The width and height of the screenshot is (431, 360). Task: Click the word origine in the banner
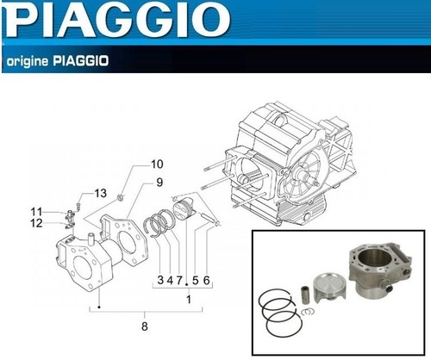[x=27, y=61]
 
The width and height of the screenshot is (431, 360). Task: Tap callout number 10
[x=157, y=164]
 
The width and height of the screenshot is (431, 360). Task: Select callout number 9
[x=159, y=183]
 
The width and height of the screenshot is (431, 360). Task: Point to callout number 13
[x=101, y=193]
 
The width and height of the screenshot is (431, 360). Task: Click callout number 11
[x=36, y=212]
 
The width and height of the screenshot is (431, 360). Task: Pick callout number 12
[x=36, y=223]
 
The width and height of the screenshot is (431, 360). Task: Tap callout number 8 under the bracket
[x=145, y=326]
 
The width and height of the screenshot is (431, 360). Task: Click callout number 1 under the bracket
[x=189, y=300]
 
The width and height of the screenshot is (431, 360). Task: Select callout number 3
[x=160, y=280]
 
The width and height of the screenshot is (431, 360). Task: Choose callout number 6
[x=206, y=280]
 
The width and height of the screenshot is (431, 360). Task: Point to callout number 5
[x=196, y=280]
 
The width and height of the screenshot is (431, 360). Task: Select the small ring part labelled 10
[x=122, y=197]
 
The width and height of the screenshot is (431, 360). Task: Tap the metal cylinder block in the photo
[x=379, y=271]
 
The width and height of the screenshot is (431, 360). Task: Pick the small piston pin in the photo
[x=305, y=295]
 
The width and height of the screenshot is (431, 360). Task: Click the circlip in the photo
[x=308, y=311]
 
